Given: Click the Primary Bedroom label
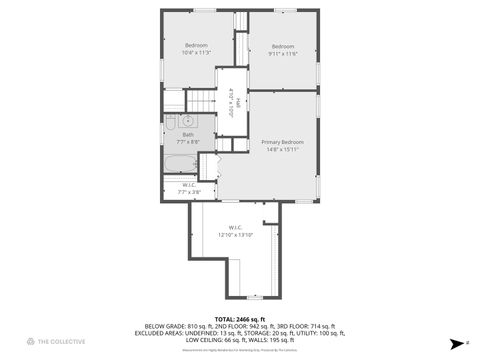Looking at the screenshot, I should coord(283,142).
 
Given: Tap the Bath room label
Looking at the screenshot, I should coord(188,134).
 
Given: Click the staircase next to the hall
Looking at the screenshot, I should coord(203,100).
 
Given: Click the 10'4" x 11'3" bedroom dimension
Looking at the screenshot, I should coord(196,52).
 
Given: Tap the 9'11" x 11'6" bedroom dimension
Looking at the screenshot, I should coord(283,53).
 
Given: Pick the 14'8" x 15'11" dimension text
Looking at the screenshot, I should coord(283,150).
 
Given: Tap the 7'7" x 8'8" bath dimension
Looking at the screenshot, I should coord(188,142).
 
